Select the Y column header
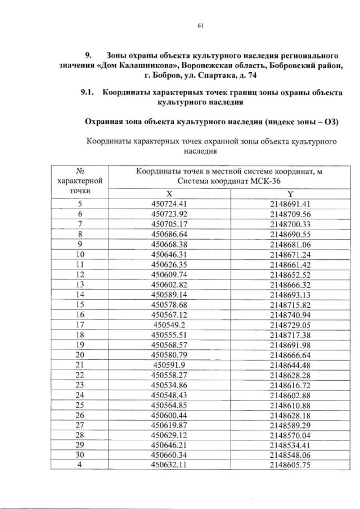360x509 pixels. point(290,192)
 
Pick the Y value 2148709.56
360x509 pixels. point(290,214)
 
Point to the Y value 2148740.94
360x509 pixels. point(290,316)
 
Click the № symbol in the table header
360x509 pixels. point(80,172)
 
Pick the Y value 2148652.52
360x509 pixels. point(290,274)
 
